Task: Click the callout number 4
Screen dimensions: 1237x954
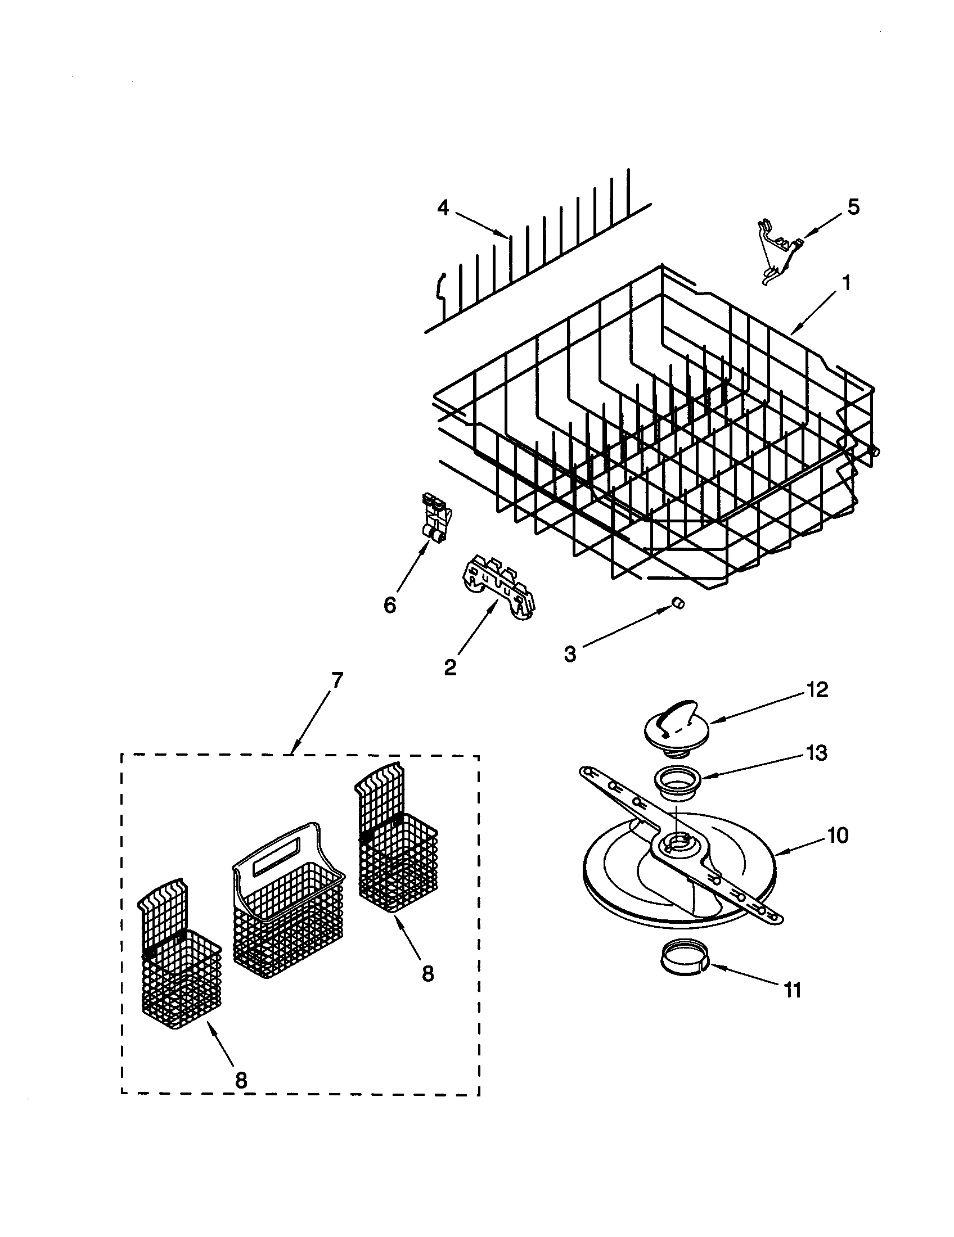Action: coord(443,209)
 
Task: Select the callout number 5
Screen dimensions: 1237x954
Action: coord(853,207)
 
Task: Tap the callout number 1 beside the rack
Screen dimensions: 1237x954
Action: coord(846,282)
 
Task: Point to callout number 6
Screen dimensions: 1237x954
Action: coord(390,606)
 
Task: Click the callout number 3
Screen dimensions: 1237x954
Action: coord(570,654)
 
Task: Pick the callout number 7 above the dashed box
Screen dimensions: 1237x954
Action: coord(336,680)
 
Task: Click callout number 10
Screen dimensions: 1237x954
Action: coord(838,835)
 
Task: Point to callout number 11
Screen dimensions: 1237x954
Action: coord(792,991)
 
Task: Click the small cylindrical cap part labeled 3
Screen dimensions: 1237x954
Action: coord(677,603)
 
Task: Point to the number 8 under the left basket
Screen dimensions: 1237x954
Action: coord(241,1081)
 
